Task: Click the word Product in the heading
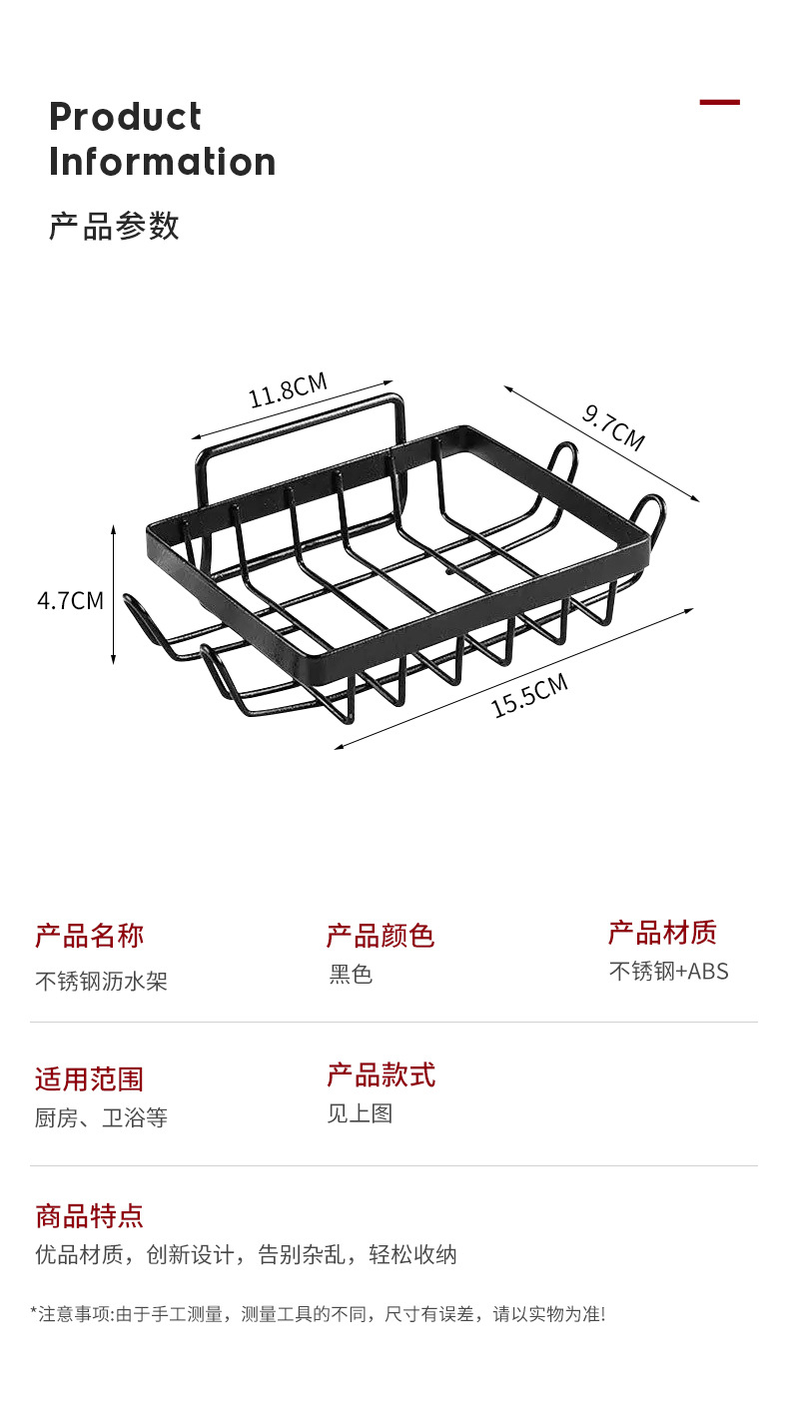[x=125, y=117]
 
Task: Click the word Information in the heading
[x=162, y=162]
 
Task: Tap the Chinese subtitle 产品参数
[x=114, y=226]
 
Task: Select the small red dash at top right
[x=719, y=102]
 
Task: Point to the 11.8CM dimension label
[x=288, y=390]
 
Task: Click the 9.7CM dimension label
[x=613, y=426]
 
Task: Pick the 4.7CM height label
[x=70, y=600]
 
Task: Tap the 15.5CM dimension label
[x=529, y=695]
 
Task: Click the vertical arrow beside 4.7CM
[x=114, y=594]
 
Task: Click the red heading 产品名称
[x=90, y=936]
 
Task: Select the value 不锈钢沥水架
[x=101, y=981]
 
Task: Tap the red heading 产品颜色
[x=381, y=936]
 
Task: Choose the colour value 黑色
[x=351, y=975]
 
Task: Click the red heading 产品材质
[x=662, y=933]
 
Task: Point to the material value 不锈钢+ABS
[x=669, y=971]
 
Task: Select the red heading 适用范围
[x=90, y=1079]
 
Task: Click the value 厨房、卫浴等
[x=101, y=1118]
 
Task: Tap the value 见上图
[x=360, y=1113]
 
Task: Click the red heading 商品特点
[x=90, y=1216]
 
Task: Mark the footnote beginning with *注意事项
[x=318, y=1314]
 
